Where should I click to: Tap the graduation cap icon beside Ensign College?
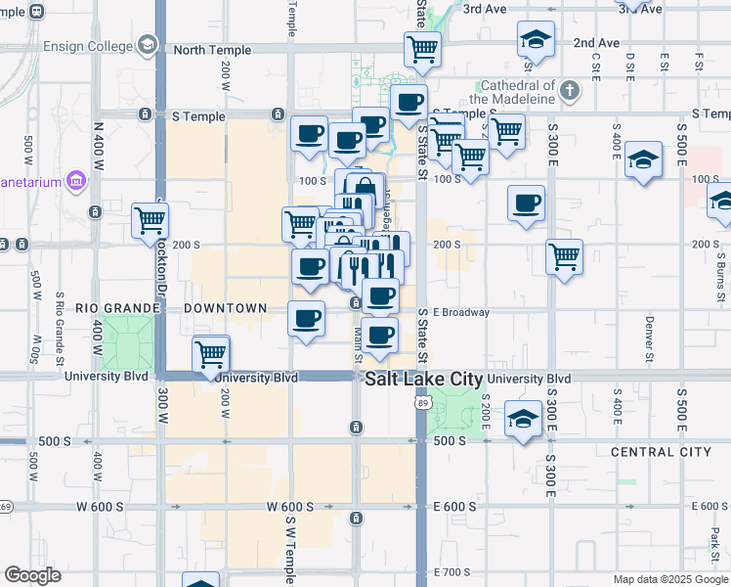[147, 44]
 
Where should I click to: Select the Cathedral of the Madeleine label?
[512, 92]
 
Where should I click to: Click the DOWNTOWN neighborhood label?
[226, 308]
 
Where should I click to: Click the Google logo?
[33, 575]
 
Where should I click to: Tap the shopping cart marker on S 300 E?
[565, 257]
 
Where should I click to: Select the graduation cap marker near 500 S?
[523, 419]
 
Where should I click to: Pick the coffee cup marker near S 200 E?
[526, 203]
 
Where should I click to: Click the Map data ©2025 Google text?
[669, 579]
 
